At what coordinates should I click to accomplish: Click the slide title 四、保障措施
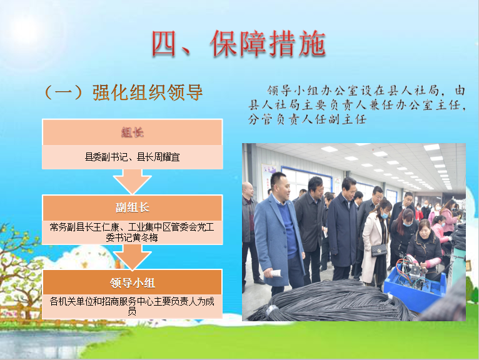pyautogui.click(x=239, y=44)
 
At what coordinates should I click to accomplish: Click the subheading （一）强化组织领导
pyautogui.click(x=123, y=92)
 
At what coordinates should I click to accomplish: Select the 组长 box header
pyautogui.click(x=133, y=132)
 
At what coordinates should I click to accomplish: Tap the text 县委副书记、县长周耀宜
pyautogui.click(x=133, y=157)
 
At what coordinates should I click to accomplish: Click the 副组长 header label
pyautogui.click(x=133, y=207)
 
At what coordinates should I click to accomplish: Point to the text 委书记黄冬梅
pyautogui.click(x=132, y=237)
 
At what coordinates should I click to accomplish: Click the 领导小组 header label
pyautogui.click(x=133, y=282)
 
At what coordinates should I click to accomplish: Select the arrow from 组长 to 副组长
pyautogui.click(x=133, y=181)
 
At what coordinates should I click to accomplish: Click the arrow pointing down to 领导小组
pyautogui.click(x=133, y=257)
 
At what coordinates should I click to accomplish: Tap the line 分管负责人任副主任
pyautogui.click(x=307, y=119)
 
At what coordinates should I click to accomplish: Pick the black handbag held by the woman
pyautogui.click(x=379, y=250)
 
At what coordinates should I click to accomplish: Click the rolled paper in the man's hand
pyautogui.click(x=274, y=273)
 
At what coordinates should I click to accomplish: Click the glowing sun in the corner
pyautogui.click(x=26, y=29)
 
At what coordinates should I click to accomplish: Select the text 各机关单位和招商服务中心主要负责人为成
pyautogui.click(x=132, y=301)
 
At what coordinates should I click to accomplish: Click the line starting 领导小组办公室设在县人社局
pyautogui.click(x=366, y=91)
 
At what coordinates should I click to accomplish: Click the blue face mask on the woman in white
pyautogui.click(x=385, y=215)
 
